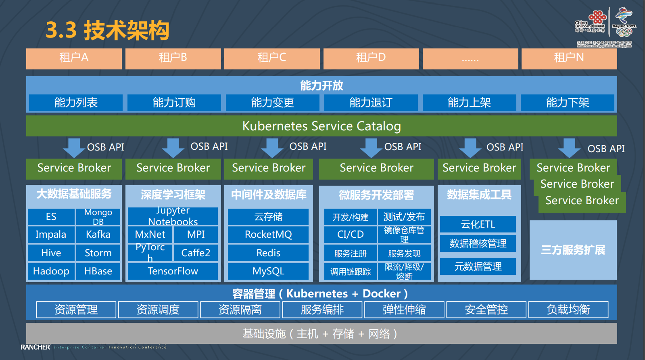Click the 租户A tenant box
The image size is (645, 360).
coord(74,58)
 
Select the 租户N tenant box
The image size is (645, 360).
coord(569,58)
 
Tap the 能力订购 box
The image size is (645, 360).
coord(174,103)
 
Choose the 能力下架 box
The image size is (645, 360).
coord(567,103)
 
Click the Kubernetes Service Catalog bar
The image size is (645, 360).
coord(321,126)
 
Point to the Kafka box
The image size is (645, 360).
coord(98,234)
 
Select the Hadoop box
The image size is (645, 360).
coord(51,271)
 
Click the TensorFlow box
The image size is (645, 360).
coord(173,271)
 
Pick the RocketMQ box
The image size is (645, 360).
coord(268,234)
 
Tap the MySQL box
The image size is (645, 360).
coord(268,271)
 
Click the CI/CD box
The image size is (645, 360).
coord(351,234)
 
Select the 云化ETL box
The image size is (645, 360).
coord(478,224)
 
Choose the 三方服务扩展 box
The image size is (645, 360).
coord(573,250)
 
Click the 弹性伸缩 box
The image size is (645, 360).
coord(404,310)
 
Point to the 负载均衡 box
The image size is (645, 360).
coord(568,310)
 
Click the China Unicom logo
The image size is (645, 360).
coord(591,22)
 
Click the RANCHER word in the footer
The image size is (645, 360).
coord(35,347)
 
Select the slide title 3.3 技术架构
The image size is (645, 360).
coord(107,30)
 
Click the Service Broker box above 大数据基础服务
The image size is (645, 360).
coord(74,168)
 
